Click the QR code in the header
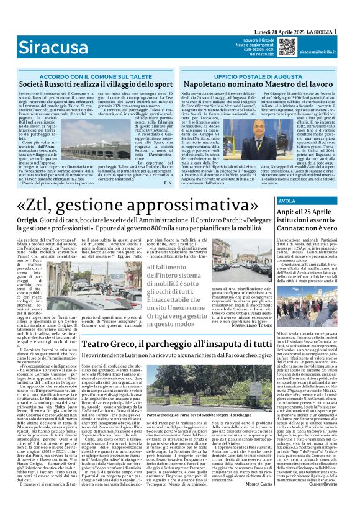point(287,47)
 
